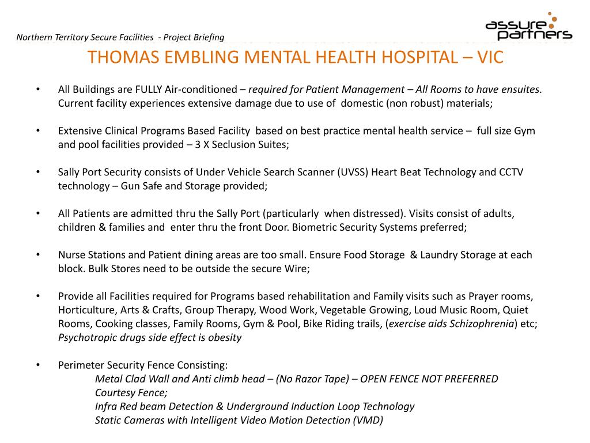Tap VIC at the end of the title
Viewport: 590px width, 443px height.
coord(489,57)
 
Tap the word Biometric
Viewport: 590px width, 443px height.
coord(315,227)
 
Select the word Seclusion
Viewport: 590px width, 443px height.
coord(224,145)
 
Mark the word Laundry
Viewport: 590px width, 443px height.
coord(442,255)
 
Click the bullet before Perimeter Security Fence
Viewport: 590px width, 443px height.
coord(37,365)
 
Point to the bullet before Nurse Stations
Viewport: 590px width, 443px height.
coord(37,255)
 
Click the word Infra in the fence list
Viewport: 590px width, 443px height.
coord(107,406)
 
